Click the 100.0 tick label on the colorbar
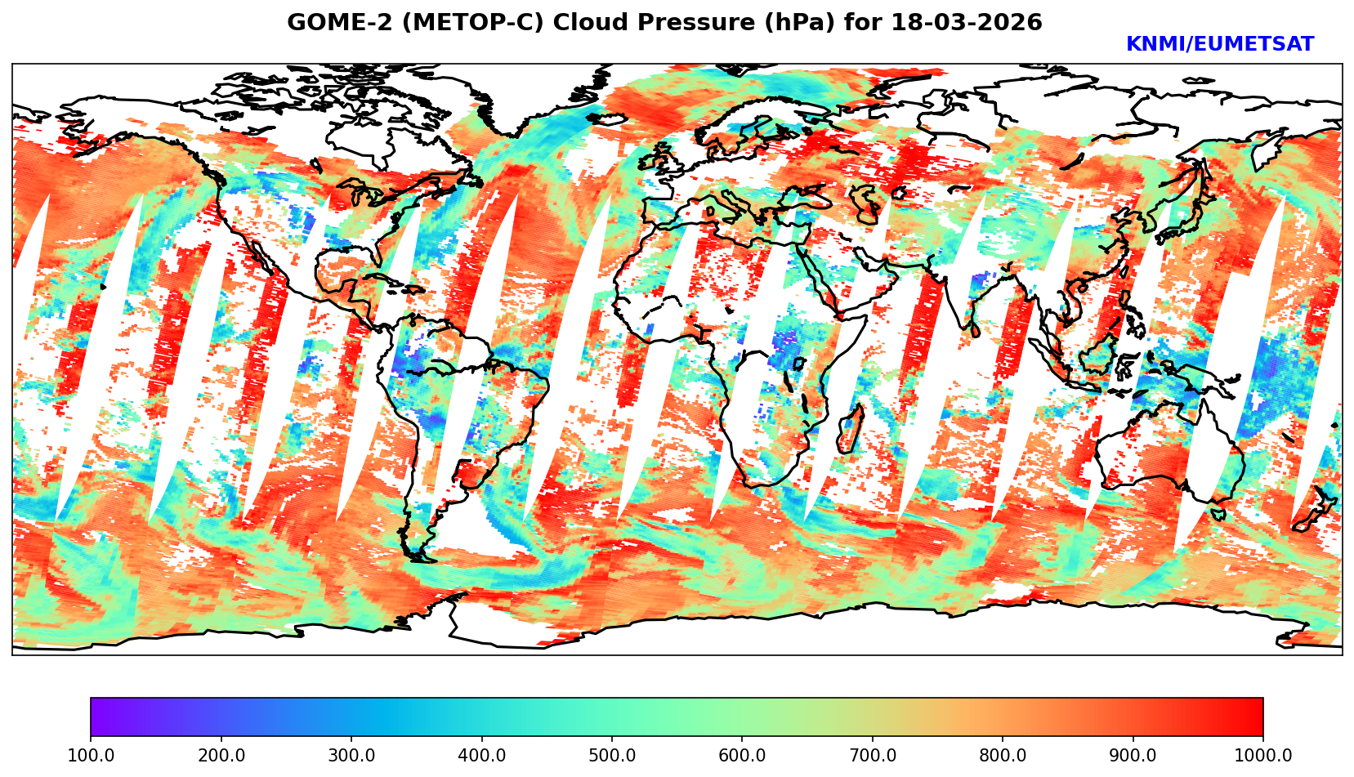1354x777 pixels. tap(91, 756)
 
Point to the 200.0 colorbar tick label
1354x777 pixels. tap(221, 756)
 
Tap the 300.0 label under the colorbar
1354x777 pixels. tap(351, 756)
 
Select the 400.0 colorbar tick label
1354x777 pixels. tap(481, 756)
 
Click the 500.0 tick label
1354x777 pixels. tap(612, 756)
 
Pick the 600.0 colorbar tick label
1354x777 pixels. tap(742, 756)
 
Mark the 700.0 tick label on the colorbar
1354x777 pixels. tap(873, 756)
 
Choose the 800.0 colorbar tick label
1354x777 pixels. tap(1003, 756)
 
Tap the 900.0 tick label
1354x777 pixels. tap(1133, 756)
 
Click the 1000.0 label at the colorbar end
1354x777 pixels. tap(1263, 756)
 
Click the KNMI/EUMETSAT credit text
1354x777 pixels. tap(1219, 45)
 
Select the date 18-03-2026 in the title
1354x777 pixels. tap(967, 23)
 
